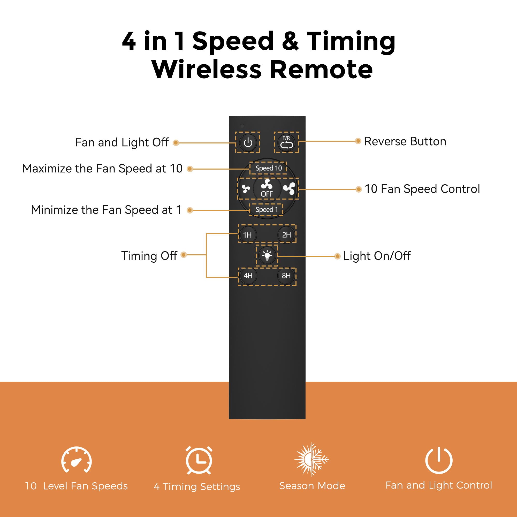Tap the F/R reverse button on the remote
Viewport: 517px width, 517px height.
286,142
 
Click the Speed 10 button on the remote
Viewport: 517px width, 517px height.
268,168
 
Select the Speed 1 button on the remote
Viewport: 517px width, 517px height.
267,210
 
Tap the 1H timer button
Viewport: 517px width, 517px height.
247,235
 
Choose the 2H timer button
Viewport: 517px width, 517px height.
286,235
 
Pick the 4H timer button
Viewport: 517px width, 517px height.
248,276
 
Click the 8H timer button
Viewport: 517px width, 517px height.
286,276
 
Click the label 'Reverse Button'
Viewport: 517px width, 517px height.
405,142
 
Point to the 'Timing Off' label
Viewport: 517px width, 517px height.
149,256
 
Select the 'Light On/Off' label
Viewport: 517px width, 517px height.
377,256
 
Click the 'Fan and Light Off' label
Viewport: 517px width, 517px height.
122,142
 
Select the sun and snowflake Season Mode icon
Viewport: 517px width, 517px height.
311,459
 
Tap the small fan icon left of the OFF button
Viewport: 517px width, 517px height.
246,189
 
